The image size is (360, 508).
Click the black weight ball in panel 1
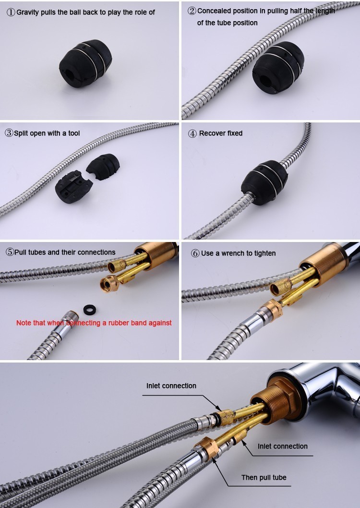pyautogui.click(x=85, y=63)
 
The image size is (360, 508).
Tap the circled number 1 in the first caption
pyautogui.click(x=12, y=12)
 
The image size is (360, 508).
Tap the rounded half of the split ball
pyautogui.click(x=103, y=167)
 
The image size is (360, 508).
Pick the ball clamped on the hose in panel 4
pyautogui.click(x=264, y=182)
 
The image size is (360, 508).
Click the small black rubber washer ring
pyautogui.click(x=90, y=310)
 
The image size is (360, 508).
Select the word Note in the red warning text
pyautogui.click(x=24, y=323)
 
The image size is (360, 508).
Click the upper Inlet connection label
pyautogui.click(x=171, y=386)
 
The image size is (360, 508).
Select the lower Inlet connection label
pyautogui.click(x=283, y=446)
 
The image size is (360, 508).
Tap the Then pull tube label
pyautogui.click(x=264, y=477)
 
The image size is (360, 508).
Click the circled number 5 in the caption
pyautogui.click(x=10, y=253)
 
